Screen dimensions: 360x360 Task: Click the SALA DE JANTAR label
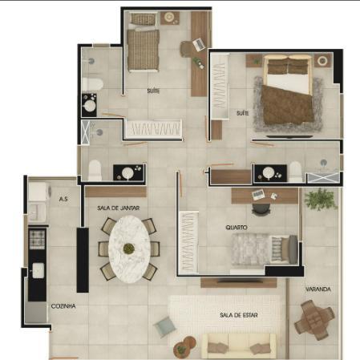click(x=118, y=208)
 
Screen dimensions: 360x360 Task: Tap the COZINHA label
click(x=63, y=306)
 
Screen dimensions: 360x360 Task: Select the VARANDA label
click(x=318, y=289)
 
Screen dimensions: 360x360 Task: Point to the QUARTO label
click(x=237, y=228)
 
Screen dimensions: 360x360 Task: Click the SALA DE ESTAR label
click(x=239, y=315)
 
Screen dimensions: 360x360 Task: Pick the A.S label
click(x=63, y=199)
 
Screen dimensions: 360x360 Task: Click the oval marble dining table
click(x=130, y=249)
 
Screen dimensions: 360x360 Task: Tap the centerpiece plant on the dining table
click(x=129, y=249)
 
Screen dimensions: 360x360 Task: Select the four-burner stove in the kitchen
click(x=37, y=239)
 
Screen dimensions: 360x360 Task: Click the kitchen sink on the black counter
click(x=38, y=270)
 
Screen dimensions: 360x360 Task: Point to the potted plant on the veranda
click(x=320, y=200)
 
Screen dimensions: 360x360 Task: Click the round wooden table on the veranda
click(x=314, y=320)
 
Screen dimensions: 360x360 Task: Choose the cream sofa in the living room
click(x=239, y=346)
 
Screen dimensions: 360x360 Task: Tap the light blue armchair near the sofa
click(x=164, y=326)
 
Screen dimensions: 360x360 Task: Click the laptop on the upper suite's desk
click(x=198, y=45)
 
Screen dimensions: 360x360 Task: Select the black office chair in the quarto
click(x=261, y=209)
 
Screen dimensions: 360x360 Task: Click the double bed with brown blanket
click(x=288, y=90)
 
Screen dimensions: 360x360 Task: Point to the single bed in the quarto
click(x=264, y=250)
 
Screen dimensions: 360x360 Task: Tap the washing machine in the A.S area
click(x=39, y=192)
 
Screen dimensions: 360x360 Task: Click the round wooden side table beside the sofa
click(x=184, y=346)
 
